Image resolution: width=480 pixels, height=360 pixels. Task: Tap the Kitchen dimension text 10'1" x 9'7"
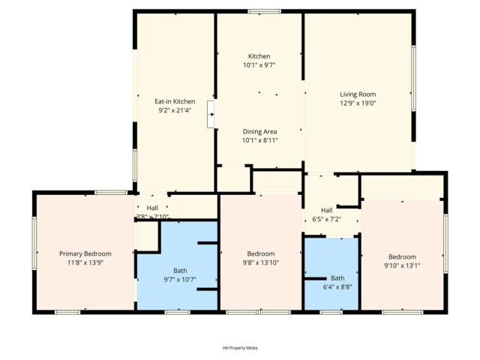(259, 66)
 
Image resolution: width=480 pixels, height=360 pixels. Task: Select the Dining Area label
(259, 131)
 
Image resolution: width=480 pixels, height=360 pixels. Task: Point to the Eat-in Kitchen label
(175, 101)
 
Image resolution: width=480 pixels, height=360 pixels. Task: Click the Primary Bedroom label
(85, 253)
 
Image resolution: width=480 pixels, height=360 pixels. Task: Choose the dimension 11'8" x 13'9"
(85, 262)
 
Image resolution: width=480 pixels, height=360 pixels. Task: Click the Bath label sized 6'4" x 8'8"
(338, 277)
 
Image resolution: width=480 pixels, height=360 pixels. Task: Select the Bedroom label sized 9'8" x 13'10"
(261, 253)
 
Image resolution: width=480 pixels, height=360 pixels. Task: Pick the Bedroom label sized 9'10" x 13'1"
(402, 256)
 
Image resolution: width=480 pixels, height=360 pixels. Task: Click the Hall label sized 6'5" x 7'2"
(327, 210)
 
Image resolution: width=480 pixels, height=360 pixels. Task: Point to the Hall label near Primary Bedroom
(152, 208)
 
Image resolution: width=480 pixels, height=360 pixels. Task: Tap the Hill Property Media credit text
(240, 348)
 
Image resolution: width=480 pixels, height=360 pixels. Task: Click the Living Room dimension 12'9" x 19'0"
(357, 103)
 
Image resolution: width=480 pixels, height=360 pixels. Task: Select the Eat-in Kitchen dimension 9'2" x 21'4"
(175, 110)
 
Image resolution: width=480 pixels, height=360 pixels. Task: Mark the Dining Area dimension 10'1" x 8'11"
(259, 140)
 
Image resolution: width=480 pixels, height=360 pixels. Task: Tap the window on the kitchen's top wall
(259, 10)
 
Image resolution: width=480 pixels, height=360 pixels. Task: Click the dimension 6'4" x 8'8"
(338, 286)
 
